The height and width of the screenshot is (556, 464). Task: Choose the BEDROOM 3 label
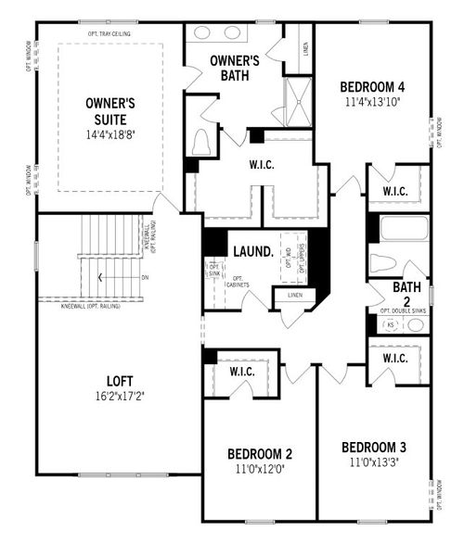coord(373,446)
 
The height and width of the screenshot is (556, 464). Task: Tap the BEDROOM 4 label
coord(373,87)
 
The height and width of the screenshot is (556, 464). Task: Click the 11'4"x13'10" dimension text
coord(373,103)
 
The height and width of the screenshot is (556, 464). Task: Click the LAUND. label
coord(251,250)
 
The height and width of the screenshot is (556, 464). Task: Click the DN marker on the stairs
coord(145,277)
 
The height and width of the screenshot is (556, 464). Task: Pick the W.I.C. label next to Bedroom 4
coord(395,192)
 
